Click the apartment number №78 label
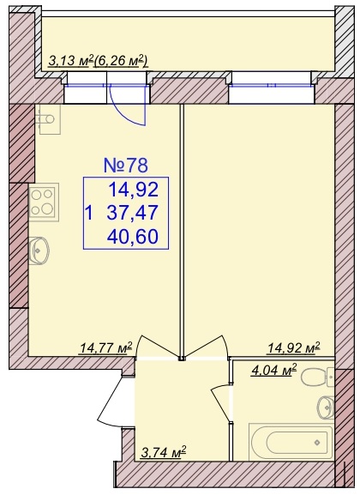tap(126, 166)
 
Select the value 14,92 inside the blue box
tap(133, 190)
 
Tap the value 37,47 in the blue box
tap(132, 212)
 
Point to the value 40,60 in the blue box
tap(133, 237)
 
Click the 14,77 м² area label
tap(106, 348)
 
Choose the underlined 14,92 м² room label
tap(294, 347)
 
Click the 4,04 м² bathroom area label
tap(274, 370)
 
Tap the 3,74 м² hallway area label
tap(163, 453)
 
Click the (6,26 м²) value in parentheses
tap(121, 61)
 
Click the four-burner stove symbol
tap(45, 202)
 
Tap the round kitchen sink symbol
tap(39, 251)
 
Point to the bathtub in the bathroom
tap(291, 442)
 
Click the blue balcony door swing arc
tap(129, 107)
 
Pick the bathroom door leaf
tap(220, 403)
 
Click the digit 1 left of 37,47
tap(90, 213)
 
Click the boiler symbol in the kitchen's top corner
tap(47, 119)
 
